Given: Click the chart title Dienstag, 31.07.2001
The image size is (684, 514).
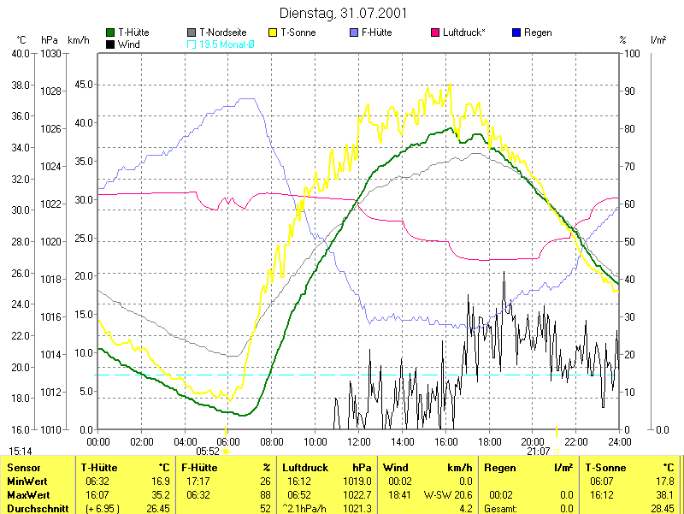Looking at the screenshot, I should (343, 14).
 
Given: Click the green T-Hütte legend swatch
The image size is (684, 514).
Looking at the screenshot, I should (110, 32).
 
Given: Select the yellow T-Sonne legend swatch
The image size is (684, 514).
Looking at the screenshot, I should (274, 32).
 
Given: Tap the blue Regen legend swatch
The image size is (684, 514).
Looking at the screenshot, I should (516, 32).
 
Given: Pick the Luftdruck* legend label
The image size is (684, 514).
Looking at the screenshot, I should (463, 32).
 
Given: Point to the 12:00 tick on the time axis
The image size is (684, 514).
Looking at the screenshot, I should (359, 441).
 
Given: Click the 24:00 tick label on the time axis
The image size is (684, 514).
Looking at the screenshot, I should (619, 441).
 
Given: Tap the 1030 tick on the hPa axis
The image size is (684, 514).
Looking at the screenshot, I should (50, 54).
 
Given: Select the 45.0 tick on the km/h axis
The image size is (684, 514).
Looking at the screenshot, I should (83, 85).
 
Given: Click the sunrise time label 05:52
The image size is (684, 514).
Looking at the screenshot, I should (208, 452).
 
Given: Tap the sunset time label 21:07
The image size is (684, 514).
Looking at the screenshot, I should (539, 452).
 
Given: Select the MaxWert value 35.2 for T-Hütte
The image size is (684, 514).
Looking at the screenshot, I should (160, 494).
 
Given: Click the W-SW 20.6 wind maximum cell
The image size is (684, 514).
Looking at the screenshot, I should (450, 494).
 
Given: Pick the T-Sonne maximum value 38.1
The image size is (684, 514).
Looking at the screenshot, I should (663, 494).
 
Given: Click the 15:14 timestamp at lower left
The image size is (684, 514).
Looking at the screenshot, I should (21, 451).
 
